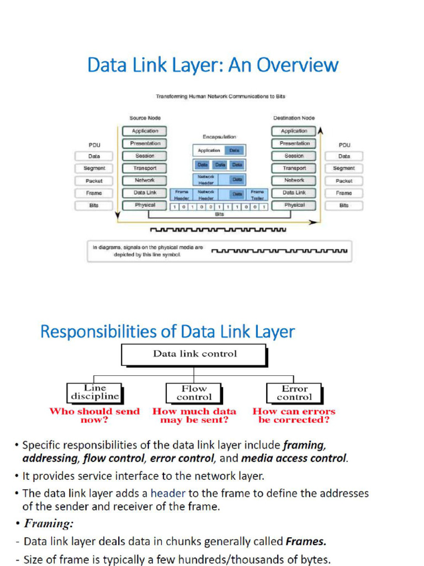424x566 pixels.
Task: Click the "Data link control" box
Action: tap(194, 354)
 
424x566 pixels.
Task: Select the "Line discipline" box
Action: tap(94, 392)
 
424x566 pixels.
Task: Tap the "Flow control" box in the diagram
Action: tap(194, 393)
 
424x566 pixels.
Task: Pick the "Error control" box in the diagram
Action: tap(294, 393)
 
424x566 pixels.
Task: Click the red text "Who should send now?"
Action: tap(94, 416)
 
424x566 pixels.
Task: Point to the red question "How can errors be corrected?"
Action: tap(294, 416)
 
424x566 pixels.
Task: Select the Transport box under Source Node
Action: tap(145, 168)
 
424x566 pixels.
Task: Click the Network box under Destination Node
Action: tap(294, 180)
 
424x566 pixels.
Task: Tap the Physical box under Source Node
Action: tap(145, 205)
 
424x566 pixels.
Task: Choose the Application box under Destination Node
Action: tap(294, 131)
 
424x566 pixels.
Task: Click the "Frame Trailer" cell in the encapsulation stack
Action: tap(257, 194)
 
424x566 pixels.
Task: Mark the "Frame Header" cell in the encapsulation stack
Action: tap(182, 194)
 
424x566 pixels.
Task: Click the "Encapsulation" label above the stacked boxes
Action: tap(219, 137)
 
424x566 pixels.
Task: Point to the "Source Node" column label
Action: tap(145, 118)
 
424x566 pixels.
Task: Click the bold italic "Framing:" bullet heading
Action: tap(49, 523)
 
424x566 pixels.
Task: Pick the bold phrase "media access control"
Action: tap(294, 458)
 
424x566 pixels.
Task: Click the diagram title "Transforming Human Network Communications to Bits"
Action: tap(220, 96)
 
